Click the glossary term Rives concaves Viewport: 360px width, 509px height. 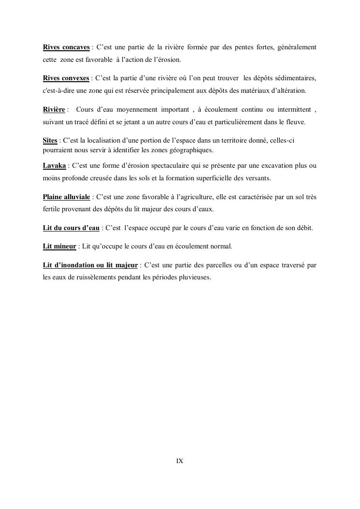(66, 47)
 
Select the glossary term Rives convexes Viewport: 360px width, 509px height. (66, 78)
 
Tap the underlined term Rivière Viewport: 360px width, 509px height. (54, 110)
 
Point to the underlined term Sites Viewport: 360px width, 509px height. (50, 141)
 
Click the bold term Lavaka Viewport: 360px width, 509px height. (54, 166)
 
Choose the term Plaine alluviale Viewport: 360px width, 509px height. (66, 197)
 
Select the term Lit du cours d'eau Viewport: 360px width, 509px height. (71, 228)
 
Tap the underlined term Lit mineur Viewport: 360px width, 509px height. (59, 247)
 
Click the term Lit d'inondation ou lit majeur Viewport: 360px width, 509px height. (90, 265)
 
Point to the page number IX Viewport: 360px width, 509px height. (179, 461)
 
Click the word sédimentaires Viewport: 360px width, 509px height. (295, 78)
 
